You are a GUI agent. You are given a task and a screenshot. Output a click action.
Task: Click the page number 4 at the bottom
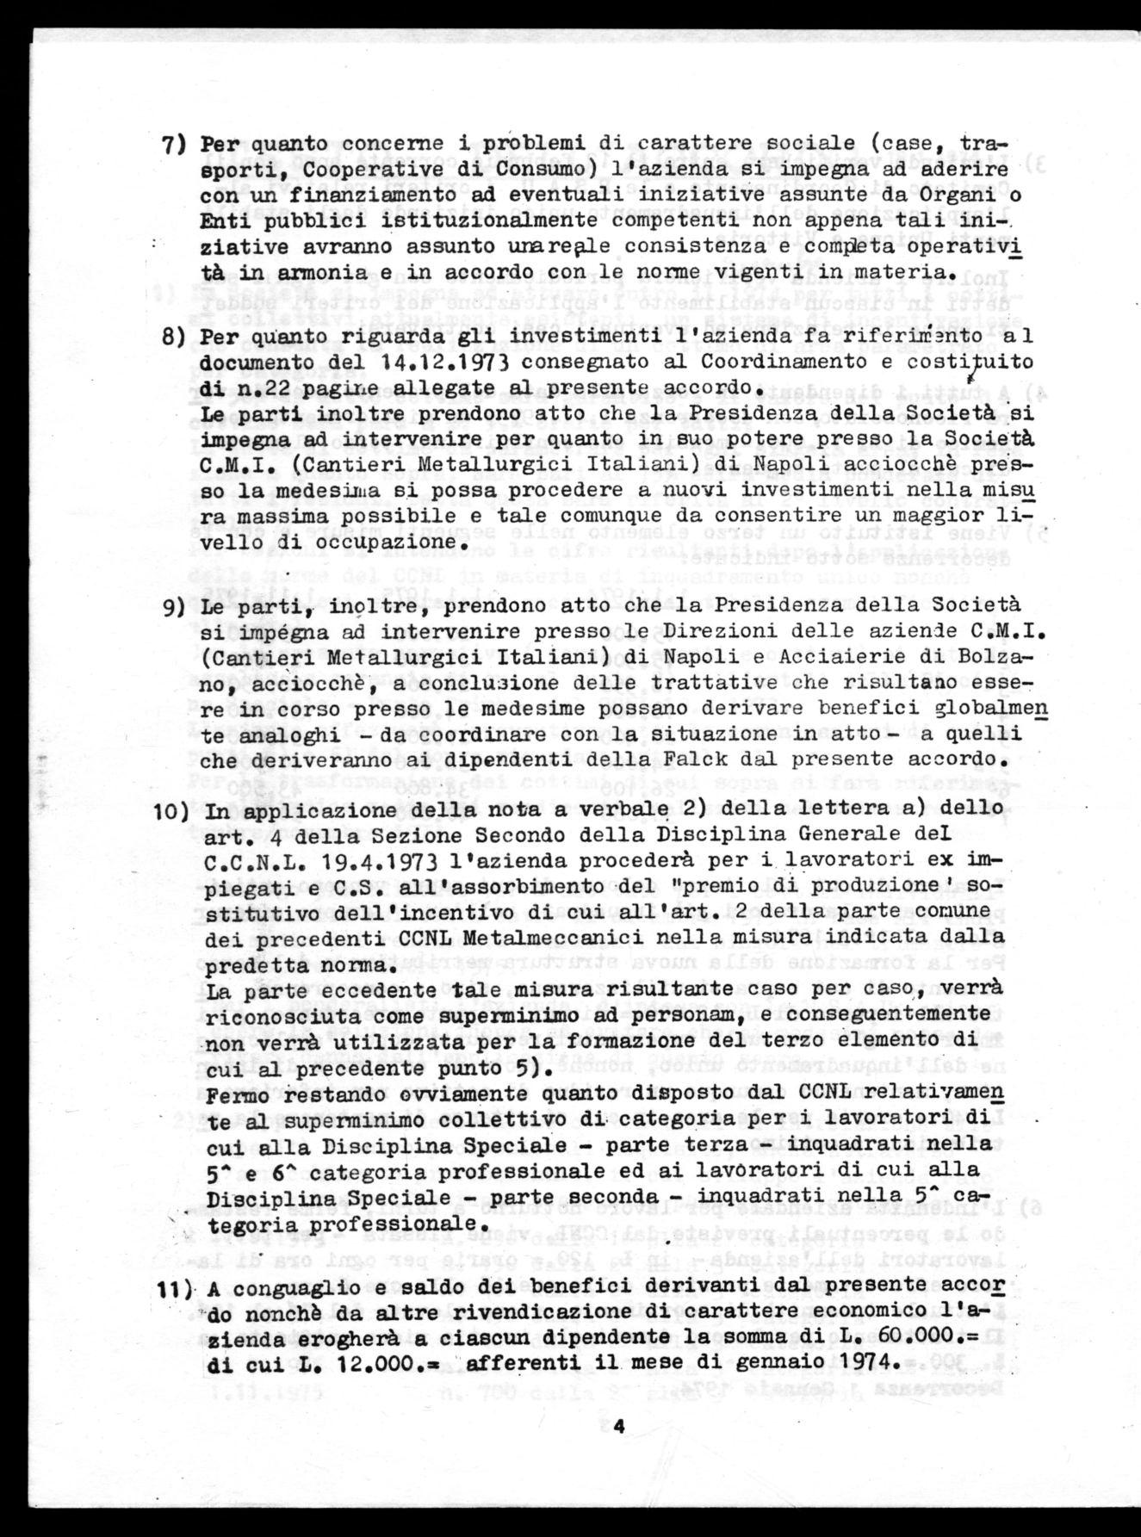click(617, 1427)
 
